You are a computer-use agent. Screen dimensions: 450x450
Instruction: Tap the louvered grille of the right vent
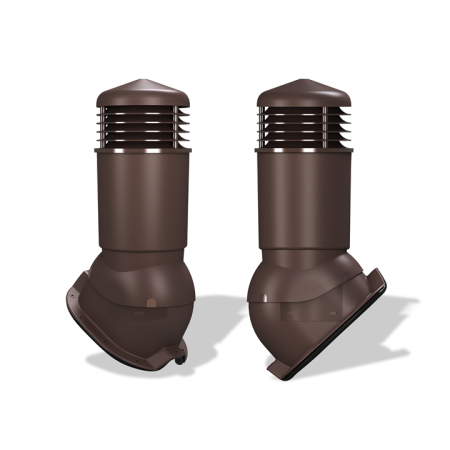(x=305, y=127)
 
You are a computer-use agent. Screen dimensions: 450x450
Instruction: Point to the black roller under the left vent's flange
(x=179, y=353)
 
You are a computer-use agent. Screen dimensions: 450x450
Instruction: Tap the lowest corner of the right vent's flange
(x=273, y=375)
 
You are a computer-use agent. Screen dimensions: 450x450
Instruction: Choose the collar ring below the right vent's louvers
(x=305, y=152)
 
